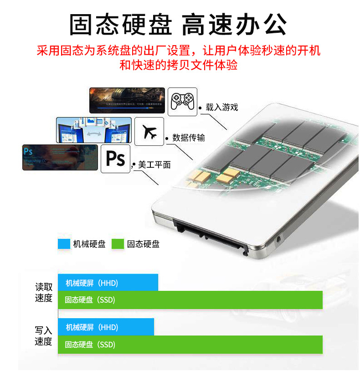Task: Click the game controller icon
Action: coord(182,101)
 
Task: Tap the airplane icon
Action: coord(150,131)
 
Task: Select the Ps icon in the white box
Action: coord(115,159)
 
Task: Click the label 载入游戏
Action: coord(222,107)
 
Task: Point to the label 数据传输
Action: coord(189,138)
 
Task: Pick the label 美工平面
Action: coord(154,165)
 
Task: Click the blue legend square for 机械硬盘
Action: coord(63,244)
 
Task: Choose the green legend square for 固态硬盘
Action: coord(118,244)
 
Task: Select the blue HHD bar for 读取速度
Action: coord(108,283)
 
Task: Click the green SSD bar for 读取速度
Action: coord(190,300)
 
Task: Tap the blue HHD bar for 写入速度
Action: coord(106,327)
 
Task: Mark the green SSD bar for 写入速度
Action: coord(190,344)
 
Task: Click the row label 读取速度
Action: coord(44,293)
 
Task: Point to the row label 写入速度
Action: coord(44,336)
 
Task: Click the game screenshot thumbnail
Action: coord(127,100)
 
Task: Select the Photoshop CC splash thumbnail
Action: coord(60,157)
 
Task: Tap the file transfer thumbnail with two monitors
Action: coord(94,130)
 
